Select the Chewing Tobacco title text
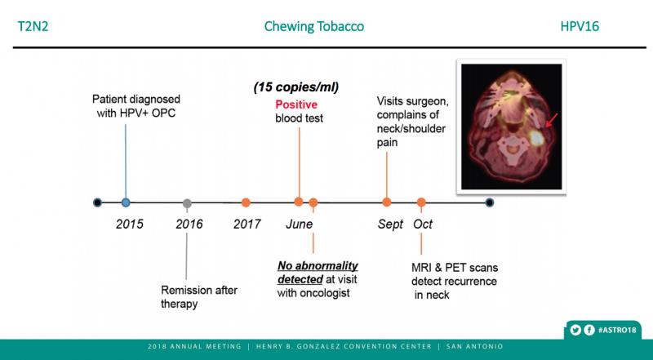click(x=314, y=26)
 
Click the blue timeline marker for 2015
click(x=126, y=202)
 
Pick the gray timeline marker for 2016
click(x=188, y=202)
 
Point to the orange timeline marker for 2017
click(x=246, y=202)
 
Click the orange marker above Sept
click(x=387, y=202)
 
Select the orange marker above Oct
click(x=421, y=202)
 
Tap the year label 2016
click(x=189, y=224)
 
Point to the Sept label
click(x=390, y=224)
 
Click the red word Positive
click(x=295, y=104)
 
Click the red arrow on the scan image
click(x=550, y=122)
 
